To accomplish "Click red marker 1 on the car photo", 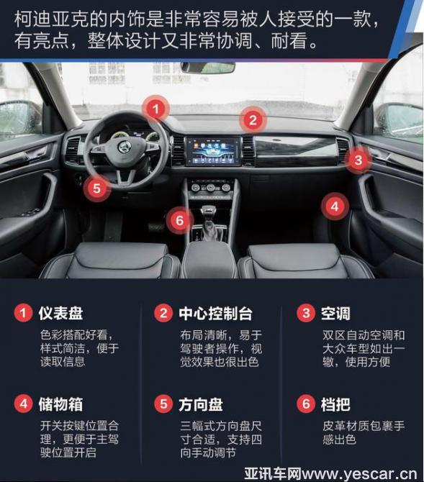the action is pos(156,109).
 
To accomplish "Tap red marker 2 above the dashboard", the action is pos(253,120).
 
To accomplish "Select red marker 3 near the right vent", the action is pos(358,160).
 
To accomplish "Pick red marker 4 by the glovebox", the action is pos(335,206).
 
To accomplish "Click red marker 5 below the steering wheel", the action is pos(96,188).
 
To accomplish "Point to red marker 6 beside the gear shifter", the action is pos(180,220).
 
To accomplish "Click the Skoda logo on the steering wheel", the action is pos(124,147).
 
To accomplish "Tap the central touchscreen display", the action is pos(213,152).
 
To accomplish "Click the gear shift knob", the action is pos(208,213).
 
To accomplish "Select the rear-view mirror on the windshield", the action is pos(208,68).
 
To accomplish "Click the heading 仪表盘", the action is pos(60,313).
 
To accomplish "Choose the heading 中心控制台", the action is pos(215,314).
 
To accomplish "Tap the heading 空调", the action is pos(335,314).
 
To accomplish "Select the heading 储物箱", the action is pos(60,404).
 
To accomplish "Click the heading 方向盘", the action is pos(201,404).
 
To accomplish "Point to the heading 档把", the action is pos(335,404).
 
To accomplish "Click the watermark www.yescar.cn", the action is pos(358,473).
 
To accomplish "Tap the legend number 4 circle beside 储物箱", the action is pos(23,404).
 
